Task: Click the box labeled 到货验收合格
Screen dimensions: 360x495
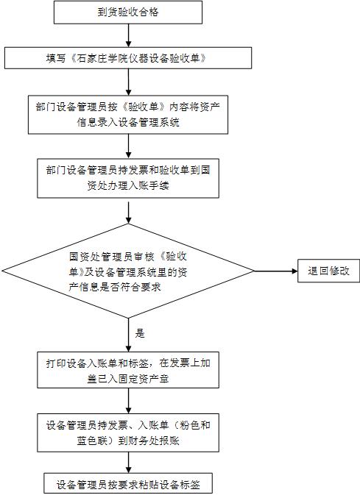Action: click(128, 13)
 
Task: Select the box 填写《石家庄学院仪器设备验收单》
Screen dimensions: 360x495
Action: click(128, 58)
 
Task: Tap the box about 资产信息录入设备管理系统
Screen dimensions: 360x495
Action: click(128, 115)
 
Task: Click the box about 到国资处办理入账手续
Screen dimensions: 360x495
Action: click(128, 179)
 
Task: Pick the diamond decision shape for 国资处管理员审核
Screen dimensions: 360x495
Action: click(128, 271)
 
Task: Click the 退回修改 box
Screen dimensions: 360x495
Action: click(328, 271)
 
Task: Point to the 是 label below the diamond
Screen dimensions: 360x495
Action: click(140, 333)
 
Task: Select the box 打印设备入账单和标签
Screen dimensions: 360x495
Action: click(128, 370)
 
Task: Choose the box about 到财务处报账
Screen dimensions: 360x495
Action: click(128, 432)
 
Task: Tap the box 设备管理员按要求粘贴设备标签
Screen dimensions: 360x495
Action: click(128, 484)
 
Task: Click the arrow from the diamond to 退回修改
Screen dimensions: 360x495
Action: click(276, 271)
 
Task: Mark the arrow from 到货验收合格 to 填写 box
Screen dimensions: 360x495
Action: click(128, 36)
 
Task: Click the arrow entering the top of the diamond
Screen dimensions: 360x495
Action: click(128, 213)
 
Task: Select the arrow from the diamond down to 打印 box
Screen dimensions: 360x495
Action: click(128, 335)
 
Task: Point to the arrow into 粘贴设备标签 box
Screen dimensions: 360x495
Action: click(128, 463)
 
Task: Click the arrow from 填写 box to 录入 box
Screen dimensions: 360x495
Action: click(128, 82)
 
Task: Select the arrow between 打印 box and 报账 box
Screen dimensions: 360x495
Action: click(128, 401)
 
